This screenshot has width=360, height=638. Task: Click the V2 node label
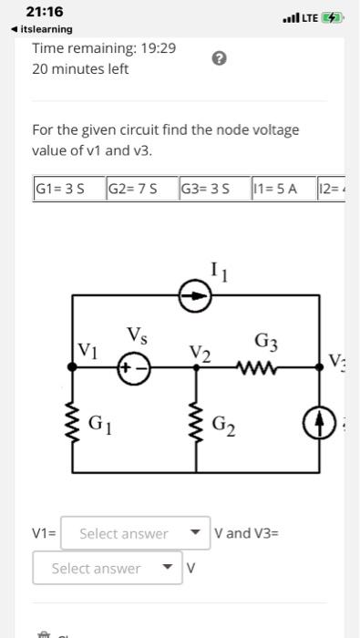(x=201, y=353)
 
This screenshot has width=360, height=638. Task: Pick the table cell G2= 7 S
(x=139, y=190)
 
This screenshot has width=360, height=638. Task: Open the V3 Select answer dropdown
(x=106, y=569)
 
